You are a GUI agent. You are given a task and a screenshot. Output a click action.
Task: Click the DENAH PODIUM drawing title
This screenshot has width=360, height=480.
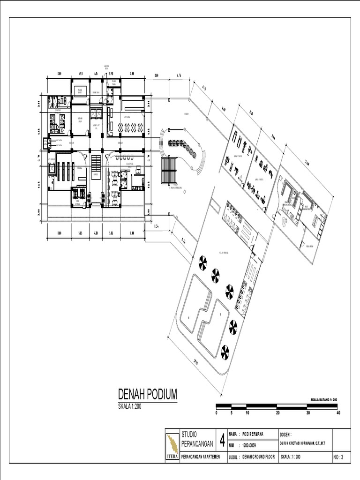point(147,393)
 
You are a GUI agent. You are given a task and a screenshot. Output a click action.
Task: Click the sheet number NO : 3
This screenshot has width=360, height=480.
point(339,457)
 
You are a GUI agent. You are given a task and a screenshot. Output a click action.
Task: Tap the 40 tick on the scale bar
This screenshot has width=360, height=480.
point(338,413)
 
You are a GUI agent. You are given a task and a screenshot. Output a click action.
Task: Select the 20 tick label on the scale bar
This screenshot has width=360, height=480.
point(277,413)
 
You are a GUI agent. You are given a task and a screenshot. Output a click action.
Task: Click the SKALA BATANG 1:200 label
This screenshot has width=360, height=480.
point(324,399)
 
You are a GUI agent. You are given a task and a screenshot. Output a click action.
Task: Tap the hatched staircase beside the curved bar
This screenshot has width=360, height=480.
point(169,170)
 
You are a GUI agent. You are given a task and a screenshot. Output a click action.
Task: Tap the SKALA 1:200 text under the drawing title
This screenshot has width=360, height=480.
point(129,406)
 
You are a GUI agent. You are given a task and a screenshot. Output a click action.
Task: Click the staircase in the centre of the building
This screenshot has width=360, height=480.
point(96,165)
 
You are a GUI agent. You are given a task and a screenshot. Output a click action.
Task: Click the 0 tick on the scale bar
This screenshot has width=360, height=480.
point(217,413)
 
